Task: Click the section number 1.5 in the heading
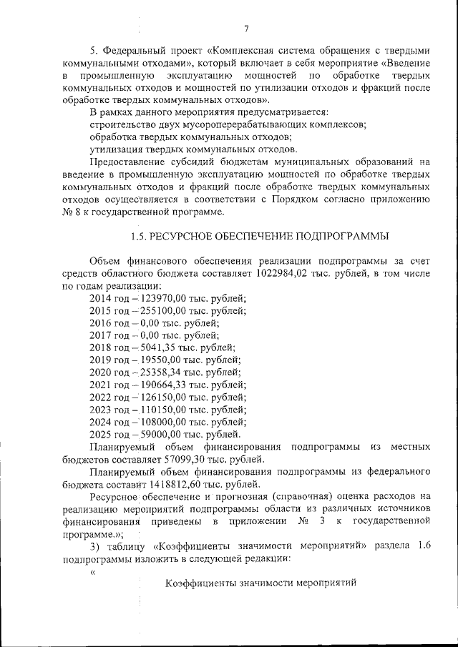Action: [137, 237]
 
